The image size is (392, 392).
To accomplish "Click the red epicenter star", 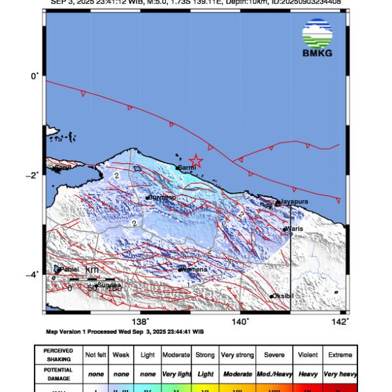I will point(195,161).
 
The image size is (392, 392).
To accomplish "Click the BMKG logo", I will point(318,39).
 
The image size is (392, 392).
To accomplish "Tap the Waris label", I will point(295,229).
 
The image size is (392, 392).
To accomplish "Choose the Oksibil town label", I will point(284,297).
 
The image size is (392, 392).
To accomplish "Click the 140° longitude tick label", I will point(240,321).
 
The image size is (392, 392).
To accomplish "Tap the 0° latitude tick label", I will point(36,76).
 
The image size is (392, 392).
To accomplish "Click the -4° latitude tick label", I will point(35,274).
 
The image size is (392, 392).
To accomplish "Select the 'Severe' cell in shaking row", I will point(274,355).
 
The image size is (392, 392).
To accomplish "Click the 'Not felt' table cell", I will point(97,355).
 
